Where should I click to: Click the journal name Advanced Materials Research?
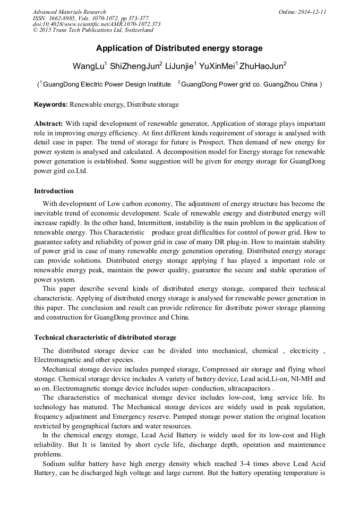(69, 12)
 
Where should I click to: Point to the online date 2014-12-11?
(311, 12)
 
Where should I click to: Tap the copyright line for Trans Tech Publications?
(93, 30)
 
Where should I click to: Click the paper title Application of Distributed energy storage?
(179, 48)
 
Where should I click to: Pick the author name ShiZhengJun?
(137, 66)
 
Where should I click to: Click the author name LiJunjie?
(179, 66)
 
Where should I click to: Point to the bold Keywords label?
(51, 105)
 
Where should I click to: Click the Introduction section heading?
(54, 191)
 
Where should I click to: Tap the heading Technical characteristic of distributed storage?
(105, 338)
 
